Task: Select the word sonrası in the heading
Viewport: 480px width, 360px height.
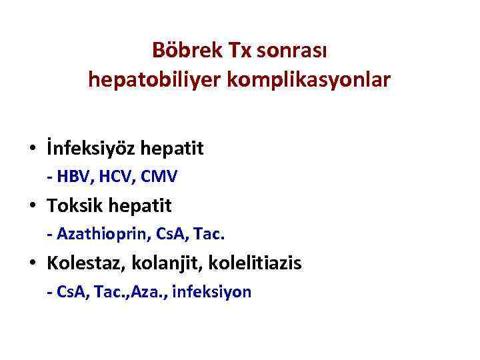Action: [x=291, y=50]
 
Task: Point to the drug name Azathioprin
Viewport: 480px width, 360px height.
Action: [x=98, y=234]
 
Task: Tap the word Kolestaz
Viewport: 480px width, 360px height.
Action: [x=83, y=263]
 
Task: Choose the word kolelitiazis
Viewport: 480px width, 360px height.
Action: [x=255, y=263]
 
